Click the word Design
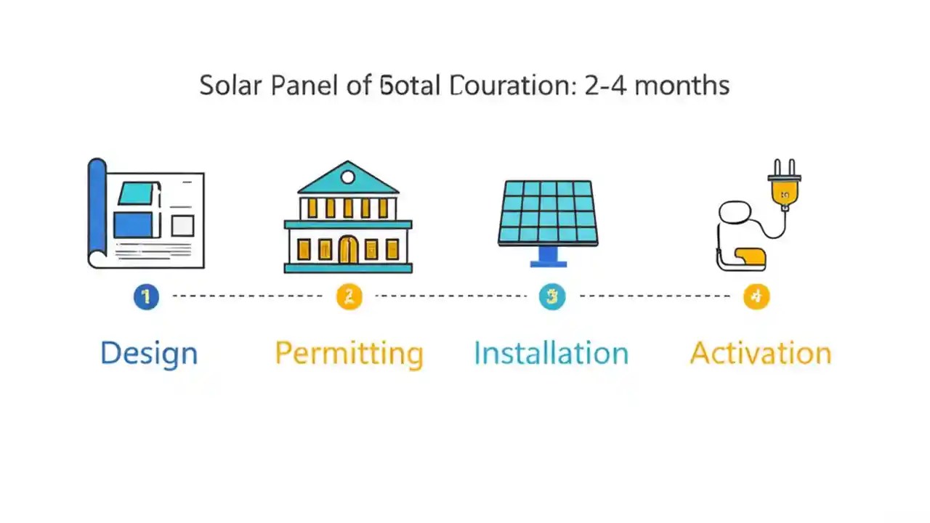pos(149,354)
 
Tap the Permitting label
pos(349,354)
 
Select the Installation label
pos(551,354)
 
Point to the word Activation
pos(760,354)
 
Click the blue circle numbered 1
pos(146,296)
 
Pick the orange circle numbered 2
pos(349,296)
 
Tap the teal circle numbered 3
pos(552,296)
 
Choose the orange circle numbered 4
pos(756,296)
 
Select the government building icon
pos(348,217)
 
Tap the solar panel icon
pos(549,212)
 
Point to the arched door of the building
pos(348,250)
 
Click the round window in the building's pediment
pos(348,177)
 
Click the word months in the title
pos(682,86)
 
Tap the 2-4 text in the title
pos(604,86)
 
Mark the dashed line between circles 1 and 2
pos(247,296)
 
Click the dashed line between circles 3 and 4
pos(654,296)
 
